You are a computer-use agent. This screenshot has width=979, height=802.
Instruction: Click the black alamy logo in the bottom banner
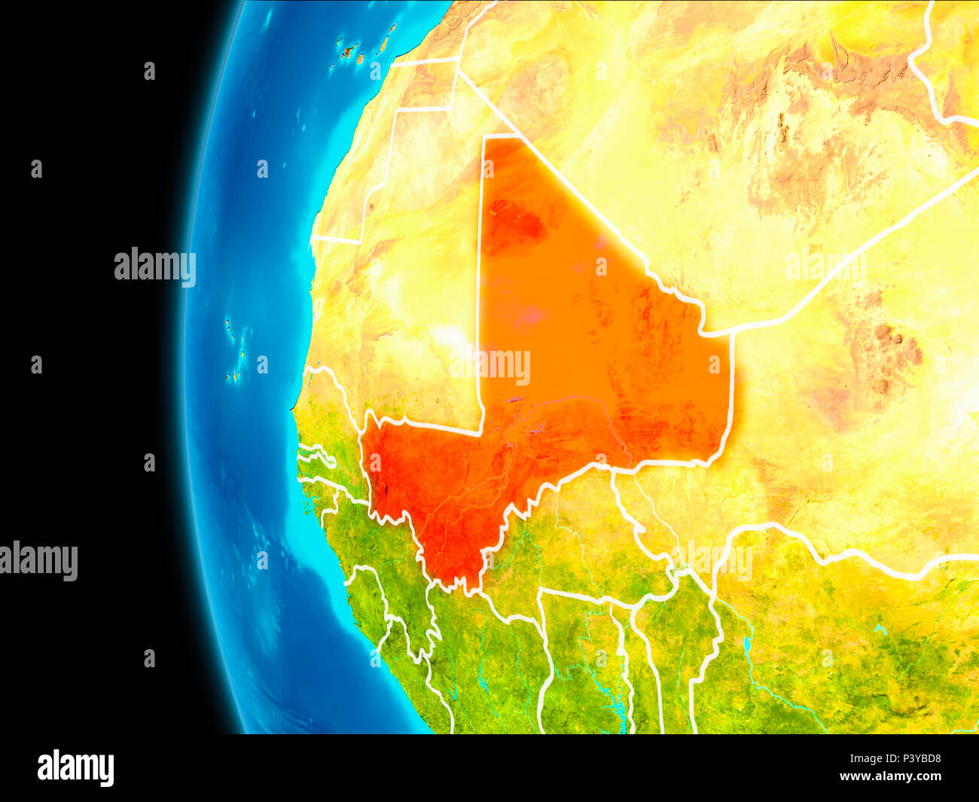point(75,767)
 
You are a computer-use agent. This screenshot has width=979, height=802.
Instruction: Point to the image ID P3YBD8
point(916,759)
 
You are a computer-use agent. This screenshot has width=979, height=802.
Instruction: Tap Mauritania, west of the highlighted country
point(407,301)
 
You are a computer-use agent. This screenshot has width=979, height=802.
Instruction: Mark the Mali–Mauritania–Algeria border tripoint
point(484,137)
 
